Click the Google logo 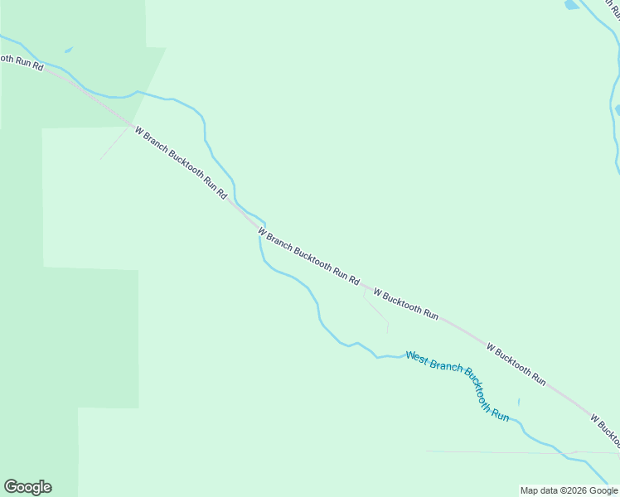27,487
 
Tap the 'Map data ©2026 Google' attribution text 569,490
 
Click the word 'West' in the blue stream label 416,358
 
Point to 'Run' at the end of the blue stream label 500,413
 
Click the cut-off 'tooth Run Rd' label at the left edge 22,62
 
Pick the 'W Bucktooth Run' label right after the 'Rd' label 405,303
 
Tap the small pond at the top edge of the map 572,5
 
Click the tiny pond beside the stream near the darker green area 68,51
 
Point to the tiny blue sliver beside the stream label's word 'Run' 519,403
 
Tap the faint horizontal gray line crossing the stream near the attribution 497,452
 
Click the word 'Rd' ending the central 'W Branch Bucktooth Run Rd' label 354,280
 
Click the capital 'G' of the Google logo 11,487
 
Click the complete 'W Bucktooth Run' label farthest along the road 516,364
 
